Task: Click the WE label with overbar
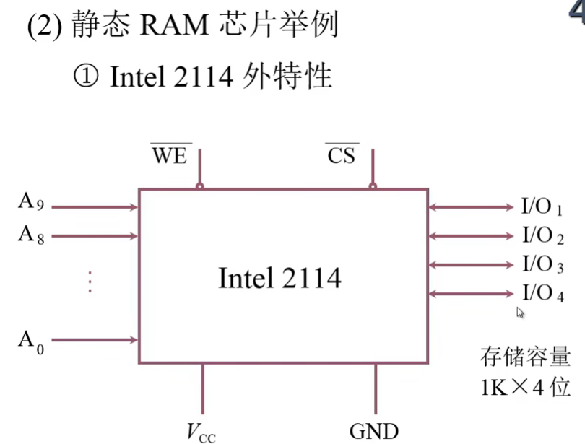point(170,155)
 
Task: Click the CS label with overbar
point(342,155)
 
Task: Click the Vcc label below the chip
point(201,432)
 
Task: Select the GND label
point(374,432)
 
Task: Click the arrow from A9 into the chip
point(95,207)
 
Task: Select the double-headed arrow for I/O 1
point(470,207)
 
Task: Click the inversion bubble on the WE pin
point(200,186)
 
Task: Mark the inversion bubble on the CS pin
point(373,186)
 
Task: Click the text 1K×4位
point(525,387)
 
